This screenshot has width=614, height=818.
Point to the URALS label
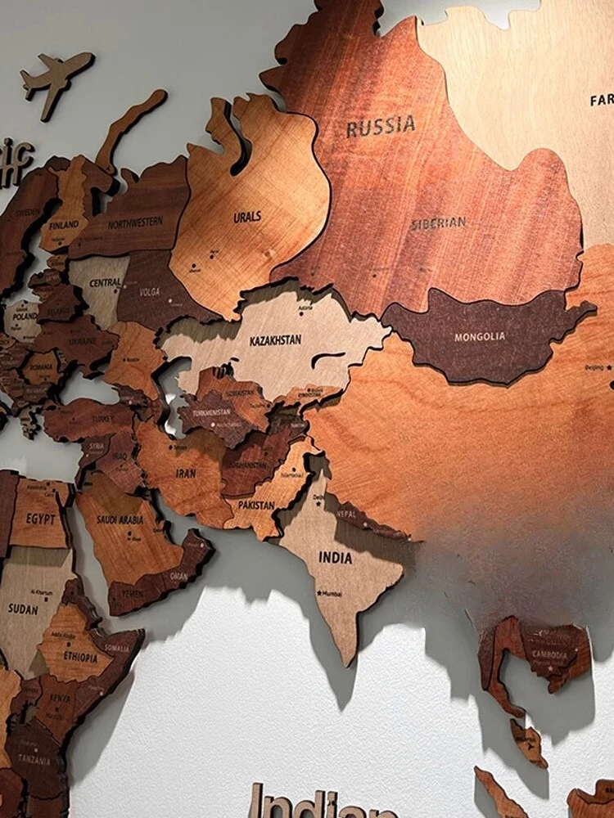tap(247, 217)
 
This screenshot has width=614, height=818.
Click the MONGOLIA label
tap(480, 336)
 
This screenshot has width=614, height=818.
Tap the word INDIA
tap(336, 558)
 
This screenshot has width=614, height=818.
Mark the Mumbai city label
tap(332, 593)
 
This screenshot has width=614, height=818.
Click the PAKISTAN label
tap(256, 506)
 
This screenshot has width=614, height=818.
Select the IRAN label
tap(187, 472)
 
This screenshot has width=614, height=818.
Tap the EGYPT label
tap(40, 519)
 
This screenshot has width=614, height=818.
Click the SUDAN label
tap(23, 609)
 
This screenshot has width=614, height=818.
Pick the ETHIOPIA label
tap(80, 656)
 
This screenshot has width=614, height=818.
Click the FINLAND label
tap(63, 224)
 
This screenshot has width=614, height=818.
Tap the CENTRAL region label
tap(106, 282)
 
